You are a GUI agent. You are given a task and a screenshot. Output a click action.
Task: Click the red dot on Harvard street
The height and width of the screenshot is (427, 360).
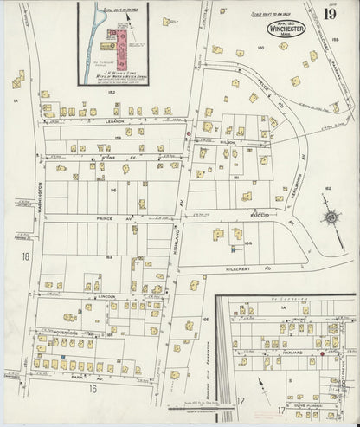click(x=320, y=353)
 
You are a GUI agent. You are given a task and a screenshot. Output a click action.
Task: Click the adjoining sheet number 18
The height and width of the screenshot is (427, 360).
click(x=26, y=256)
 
